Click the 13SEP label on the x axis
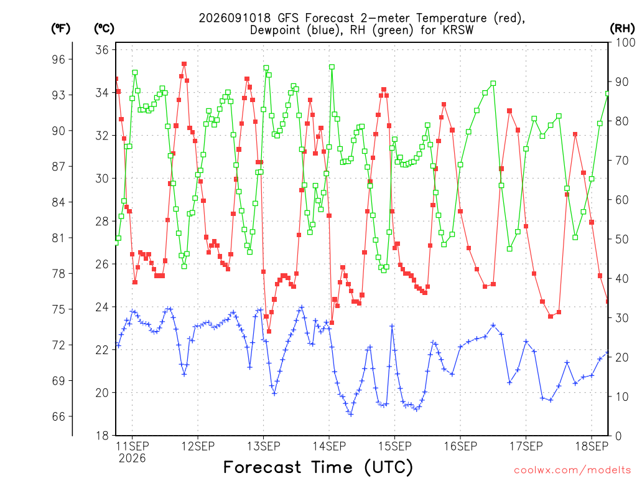click(263, 446)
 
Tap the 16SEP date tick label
click(460, 446)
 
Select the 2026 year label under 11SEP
click(132, 459)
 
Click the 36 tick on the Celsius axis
click(102, 50)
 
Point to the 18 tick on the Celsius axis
click(102, 436)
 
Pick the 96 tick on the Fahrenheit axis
click(58, 59)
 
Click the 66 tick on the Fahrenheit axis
click(58, 416)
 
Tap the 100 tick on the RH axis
click(625, 42)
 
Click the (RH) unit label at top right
click(622, 29)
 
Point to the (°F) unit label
click(60, 29)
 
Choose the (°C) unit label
click(104, 29)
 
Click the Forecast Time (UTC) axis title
click(318, 467)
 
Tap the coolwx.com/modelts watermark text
click(572, 470)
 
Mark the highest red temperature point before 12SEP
click(184, 64)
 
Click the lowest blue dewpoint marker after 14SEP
click(351, 414)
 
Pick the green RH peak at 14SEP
click(332, 67)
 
